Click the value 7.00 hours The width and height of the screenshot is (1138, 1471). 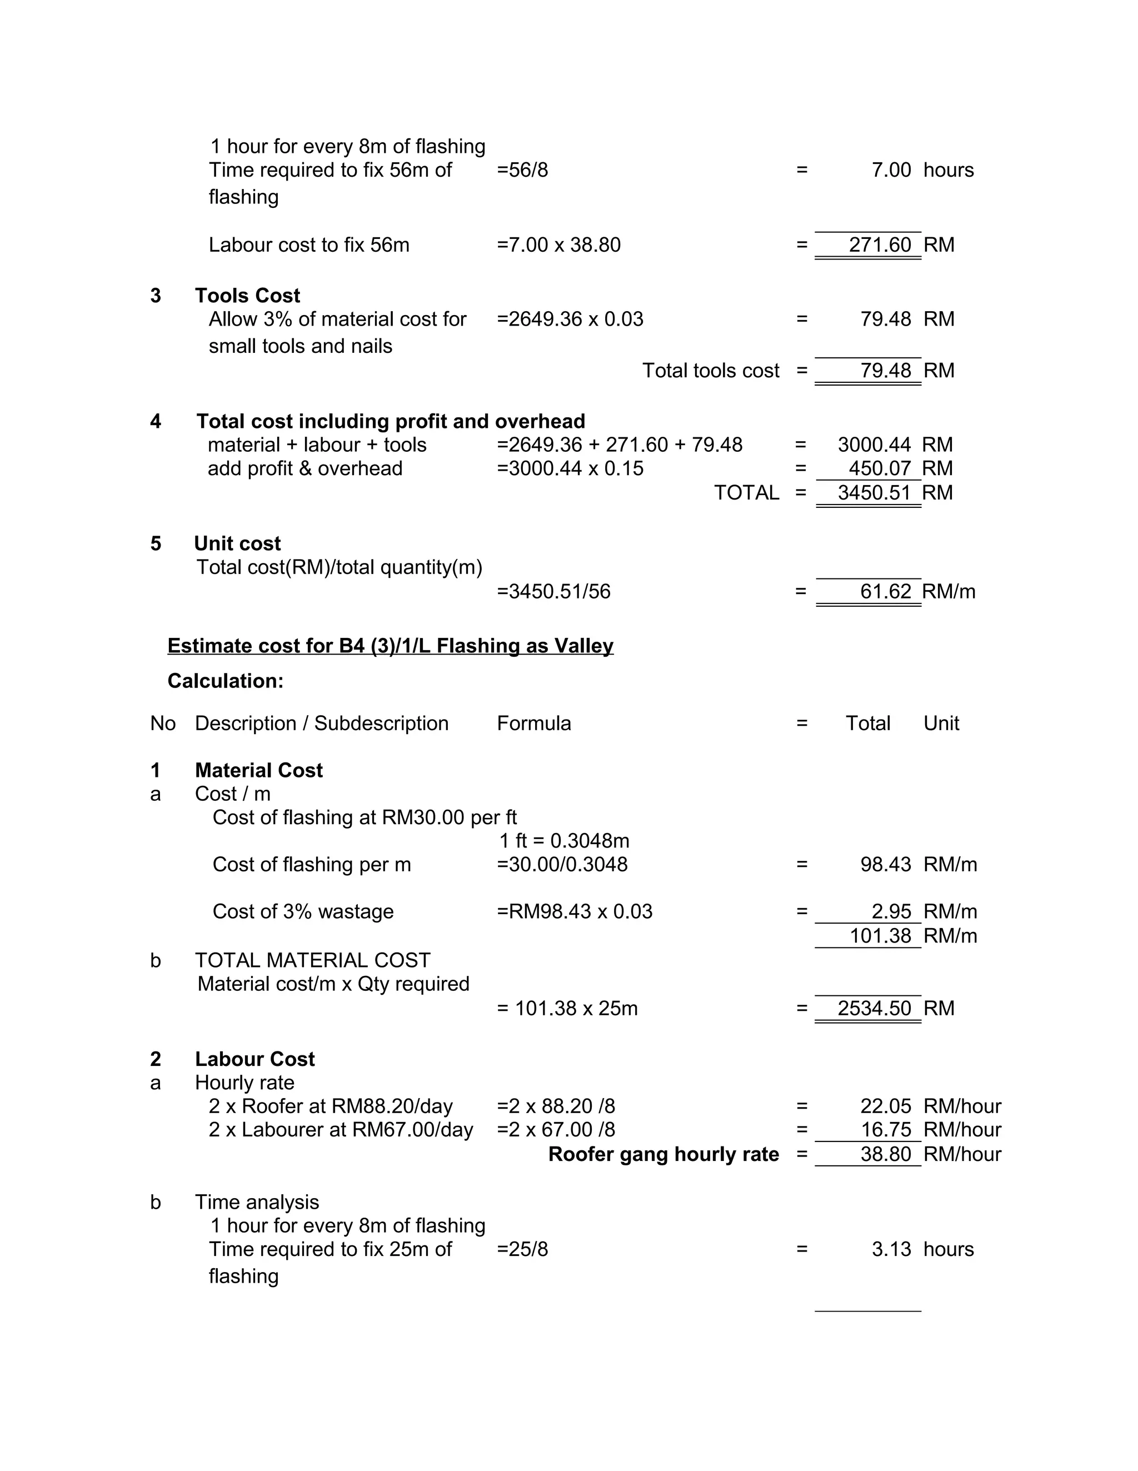(891, 169)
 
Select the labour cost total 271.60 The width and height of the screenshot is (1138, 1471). (880, 245)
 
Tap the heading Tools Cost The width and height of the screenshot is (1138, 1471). (247, 296)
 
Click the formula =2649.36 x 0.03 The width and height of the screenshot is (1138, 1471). (570, 318)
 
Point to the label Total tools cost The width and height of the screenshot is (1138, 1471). (710, 371)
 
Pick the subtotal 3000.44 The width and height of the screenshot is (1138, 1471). (874, 445)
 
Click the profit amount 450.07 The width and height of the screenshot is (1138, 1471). (880, 468)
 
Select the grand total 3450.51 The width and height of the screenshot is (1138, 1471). (874, 492)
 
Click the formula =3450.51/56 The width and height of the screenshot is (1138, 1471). (553, 591)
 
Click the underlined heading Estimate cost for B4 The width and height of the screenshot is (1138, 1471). (390, 646)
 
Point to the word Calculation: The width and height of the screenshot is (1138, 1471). (225, 681)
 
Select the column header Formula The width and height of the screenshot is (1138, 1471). (533, 724)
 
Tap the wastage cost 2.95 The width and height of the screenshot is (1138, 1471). (891, 911)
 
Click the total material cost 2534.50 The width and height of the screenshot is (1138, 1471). (874, 1008)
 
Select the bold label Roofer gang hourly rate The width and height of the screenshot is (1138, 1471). (663, 1154)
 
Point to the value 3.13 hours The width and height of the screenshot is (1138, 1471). (891, 1249)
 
